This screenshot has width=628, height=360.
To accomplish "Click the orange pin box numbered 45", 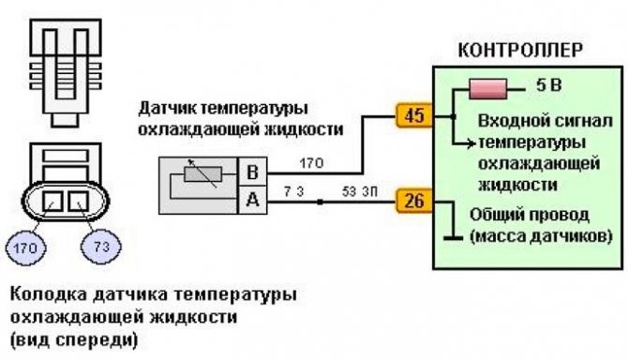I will click(412, 116).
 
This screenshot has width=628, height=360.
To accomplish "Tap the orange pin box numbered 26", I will click(412, 200).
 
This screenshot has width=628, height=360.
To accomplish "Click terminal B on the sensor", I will click(250, 172).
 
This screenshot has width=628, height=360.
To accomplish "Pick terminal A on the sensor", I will click(250, 199).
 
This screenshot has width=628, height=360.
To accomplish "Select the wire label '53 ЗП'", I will click(355, 191).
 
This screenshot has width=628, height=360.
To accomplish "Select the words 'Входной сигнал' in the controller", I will click(531, 122).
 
